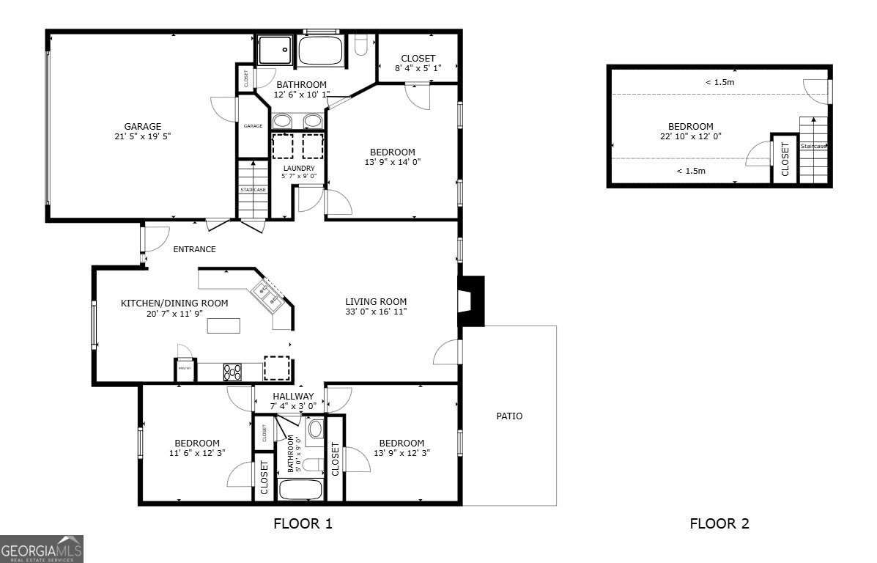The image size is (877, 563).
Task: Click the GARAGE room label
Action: click(142, 126)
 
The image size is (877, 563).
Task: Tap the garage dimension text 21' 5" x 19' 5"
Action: click(142, 136)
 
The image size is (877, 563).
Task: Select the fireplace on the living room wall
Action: click(470, 301)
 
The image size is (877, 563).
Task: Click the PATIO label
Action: click(509, 416)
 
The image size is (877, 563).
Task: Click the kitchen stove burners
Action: click(232, 372)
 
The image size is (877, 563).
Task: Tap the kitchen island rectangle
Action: click(223, 326)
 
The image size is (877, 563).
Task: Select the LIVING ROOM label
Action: click(376, 301)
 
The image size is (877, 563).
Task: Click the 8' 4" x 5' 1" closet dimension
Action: click(418, 69)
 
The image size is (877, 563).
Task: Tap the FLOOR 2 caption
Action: click(719, 523)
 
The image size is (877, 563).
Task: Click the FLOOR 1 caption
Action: click(303, 523)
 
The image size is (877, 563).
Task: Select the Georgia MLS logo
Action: click(42, 548)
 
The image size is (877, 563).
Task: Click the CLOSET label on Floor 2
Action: click(785, 158)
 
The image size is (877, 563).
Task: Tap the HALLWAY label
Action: click(293, 397)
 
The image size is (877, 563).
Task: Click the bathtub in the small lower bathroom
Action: click(301, 489)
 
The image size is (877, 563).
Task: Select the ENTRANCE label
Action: click(194, 249)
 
